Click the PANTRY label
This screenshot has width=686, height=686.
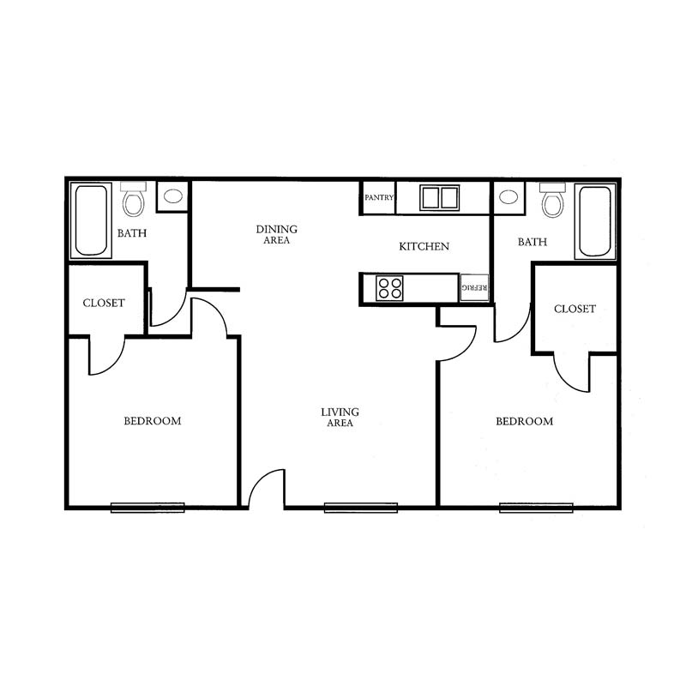(x=379, y=198)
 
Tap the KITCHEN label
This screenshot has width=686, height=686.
(x=424, y=247)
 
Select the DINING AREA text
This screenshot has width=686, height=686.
(x=276, y=234)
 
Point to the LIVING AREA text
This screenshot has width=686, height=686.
(x=340, y=418)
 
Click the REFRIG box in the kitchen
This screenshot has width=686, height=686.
(x=474, y=287)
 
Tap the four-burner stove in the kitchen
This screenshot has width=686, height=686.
(x=389, y=288)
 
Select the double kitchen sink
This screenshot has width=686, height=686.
(x=439, y=198)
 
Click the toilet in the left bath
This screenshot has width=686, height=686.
(x=134, y=200)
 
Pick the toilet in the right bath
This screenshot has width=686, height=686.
(x=552, y=200)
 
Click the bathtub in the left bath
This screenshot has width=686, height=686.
(x=91, y=220)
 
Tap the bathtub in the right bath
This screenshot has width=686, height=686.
(x=595, y=221)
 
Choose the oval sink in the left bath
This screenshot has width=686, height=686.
(x=173, y=196)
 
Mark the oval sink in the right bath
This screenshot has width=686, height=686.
(x=508, y=197)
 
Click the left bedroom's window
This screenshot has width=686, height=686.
(x=147, y=508)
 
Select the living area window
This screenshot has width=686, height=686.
(x=361, y=508)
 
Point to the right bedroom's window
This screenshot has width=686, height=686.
(x=537, y=508)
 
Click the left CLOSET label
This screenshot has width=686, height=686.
(x=104, y=303)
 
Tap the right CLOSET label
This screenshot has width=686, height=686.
(x=575, y=309)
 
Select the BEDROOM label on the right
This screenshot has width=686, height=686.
(x=524, y=421)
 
